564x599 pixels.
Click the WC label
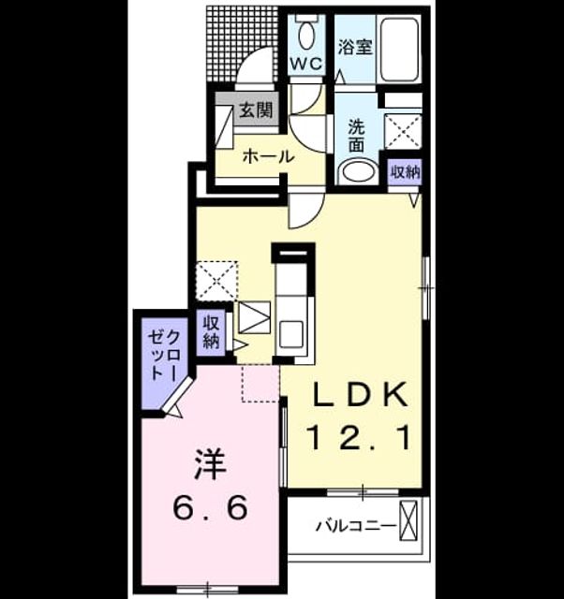306,64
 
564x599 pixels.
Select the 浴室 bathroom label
355,48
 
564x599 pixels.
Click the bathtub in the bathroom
399,49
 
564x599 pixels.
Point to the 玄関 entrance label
256,110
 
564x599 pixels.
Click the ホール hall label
269,156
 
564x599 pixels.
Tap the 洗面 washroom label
356,136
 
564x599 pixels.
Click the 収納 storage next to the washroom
405,172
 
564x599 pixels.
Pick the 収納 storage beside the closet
211,332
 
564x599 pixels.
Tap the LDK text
360,394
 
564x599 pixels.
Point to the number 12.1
360,438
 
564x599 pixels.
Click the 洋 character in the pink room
210,464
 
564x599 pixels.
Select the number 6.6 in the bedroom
210,507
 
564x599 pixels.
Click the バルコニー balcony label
355,526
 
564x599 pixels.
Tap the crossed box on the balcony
408,520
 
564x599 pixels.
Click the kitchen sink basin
291,334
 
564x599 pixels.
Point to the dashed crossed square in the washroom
403,131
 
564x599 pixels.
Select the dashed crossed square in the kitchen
216,281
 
